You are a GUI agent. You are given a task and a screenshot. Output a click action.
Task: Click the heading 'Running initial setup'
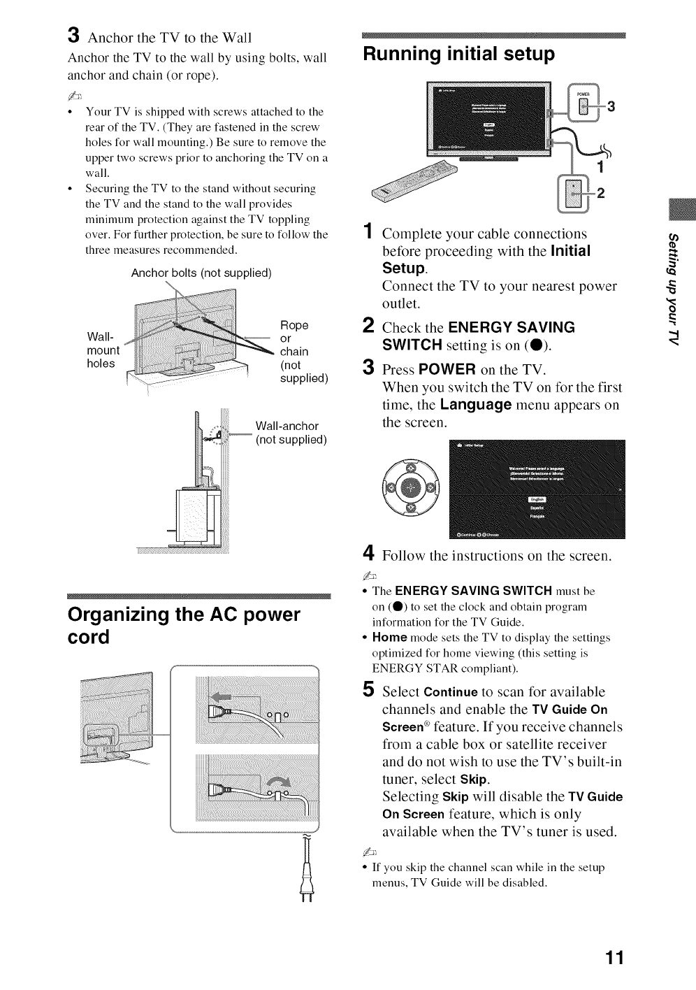[x=458, y=53]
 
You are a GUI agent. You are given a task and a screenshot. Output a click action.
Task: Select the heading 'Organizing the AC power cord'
[x=183, y=626]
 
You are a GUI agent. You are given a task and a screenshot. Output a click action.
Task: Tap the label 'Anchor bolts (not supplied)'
[x=201, y=273]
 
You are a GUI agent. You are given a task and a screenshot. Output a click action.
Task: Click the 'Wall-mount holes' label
[x=103, y=345]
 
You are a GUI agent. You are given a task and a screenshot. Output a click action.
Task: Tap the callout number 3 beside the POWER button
[x=612, y=106]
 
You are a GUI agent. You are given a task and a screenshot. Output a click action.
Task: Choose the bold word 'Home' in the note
[x=389, y=638]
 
